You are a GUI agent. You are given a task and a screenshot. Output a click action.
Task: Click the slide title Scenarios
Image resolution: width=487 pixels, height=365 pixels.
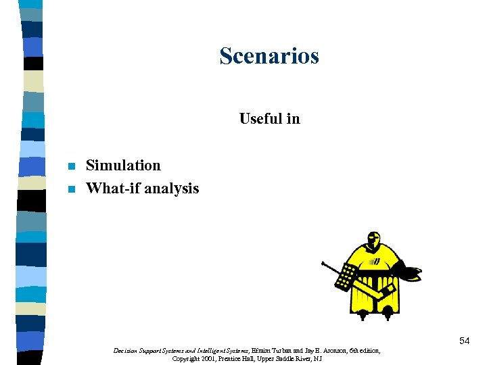[x=269, y=56]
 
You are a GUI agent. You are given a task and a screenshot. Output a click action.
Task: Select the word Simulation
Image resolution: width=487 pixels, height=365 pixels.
[x=123, y=166]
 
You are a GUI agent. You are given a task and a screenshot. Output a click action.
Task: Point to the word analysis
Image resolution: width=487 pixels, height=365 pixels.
[x=172, y=189]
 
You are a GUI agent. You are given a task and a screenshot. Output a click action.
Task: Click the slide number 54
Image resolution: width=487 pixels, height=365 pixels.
[x=464, y=341]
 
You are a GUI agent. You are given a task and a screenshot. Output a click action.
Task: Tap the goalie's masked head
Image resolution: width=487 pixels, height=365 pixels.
[x=372, y=241]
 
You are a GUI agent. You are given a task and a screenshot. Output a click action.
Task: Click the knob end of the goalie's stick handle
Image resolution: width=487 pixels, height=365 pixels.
[x=324, y=262]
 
